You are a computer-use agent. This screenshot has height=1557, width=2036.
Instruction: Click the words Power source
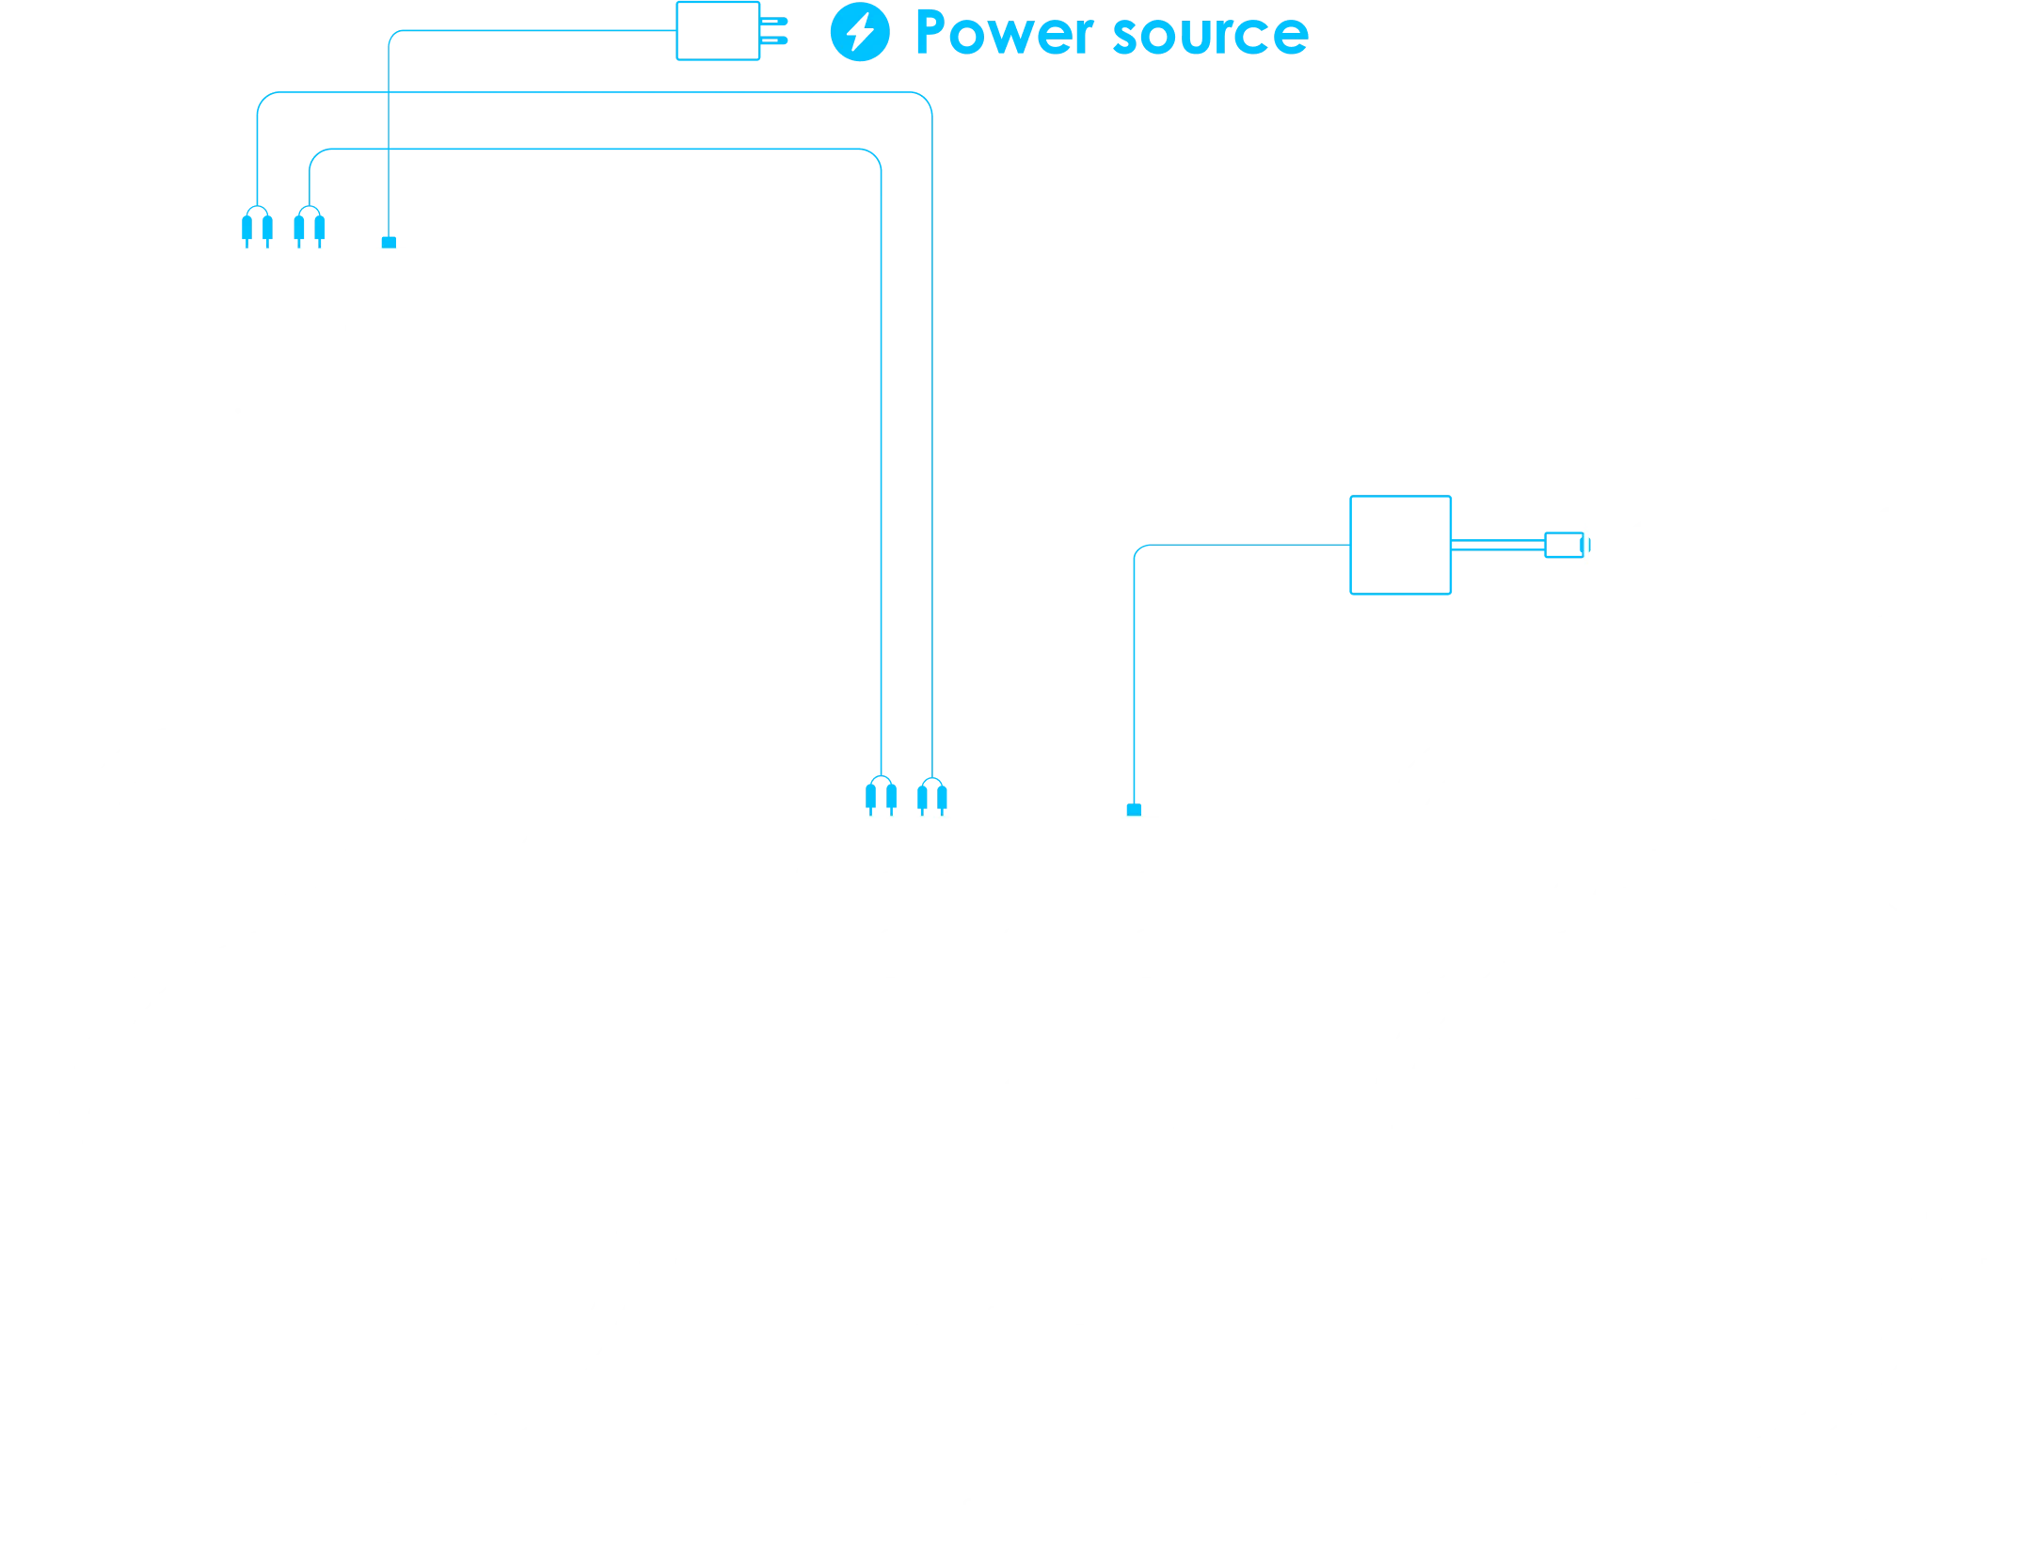[1110, 34]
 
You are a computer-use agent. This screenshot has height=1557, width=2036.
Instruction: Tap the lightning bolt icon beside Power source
[857, 35]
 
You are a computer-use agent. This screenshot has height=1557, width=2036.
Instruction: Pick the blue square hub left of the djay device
[1399, 545]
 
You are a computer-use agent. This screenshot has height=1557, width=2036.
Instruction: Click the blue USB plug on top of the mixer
[1134, 808]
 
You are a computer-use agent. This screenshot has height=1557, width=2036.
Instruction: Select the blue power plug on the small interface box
[388, 241]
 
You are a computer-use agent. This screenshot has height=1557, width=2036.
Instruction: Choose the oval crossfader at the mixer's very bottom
[1019, 1504]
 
